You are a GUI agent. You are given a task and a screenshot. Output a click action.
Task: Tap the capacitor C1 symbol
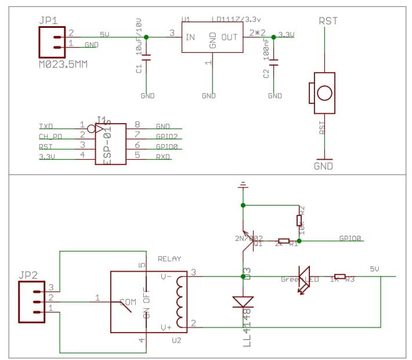(146, 57)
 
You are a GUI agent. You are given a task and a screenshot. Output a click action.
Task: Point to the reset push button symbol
(324, 93)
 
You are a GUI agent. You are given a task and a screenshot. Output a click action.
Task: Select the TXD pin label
(46, 125)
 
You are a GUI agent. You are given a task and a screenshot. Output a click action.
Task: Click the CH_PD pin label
(50, 136)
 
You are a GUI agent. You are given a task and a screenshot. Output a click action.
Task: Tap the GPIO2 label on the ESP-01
(167, 136)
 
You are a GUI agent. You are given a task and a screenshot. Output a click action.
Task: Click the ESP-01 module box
(111, 144)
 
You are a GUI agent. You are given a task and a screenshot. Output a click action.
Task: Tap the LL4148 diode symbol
(243, 301)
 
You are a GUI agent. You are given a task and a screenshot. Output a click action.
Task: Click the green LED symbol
(304, 278)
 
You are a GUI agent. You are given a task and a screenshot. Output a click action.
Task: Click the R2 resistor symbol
(299, 221)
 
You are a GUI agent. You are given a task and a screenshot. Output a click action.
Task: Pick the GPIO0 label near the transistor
(350, 238)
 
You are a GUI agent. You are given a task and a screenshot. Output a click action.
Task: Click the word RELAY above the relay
(169, 259)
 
